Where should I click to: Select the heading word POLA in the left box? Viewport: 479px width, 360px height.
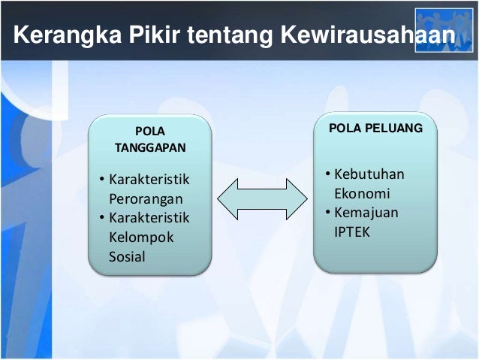(x=150, y=132)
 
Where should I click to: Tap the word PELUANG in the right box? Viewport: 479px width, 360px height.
(x=393, y=129)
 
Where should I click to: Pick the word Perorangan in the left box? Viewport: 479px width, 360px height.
(x=146, y=200)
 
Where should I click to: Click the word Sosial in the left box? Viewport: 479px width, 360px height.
(x=127, y=257)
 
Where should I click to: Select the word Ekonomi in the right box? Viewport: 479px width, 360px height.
(x=362, y=194)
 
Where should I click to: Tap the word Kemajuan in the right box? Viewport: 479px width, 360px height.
(x=366, y=213)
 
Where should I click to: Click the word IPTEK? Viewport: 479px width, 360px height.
(x=352, y=231)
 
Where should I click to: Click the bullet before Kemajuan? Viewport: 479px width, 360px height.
(x=327, y=213)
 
